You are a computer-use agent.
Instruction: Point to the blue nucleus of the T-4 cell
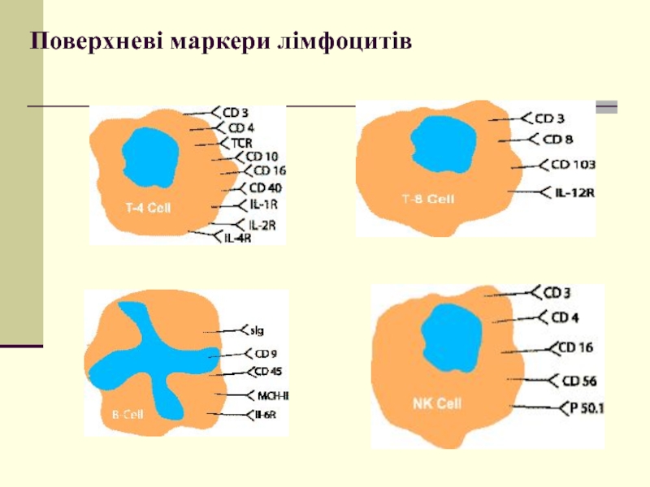[148, 154]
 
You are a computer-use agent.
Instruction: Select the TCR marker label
[242, 143]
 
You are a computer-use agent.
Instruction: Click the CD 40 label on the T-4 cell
[265, 188]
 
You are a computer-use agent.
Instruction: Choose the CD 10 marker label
[262, 157]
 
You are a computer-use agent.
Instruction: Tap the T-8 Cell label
[428, 198]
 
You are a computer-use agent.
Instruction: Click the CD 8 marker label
[557, 139]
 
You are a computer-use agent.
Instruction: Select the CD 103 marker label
[574, 165]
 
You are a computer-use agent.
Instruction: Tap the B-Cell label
[128, 415]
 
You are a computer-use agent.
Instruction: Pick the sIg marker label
[258, 330]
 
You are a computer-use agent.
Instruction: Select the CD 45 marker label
[269, 373]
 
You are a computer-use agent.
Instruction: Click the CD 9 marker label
[266, 354]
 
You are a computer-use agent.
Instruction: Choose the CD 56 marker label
[579, 380]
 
